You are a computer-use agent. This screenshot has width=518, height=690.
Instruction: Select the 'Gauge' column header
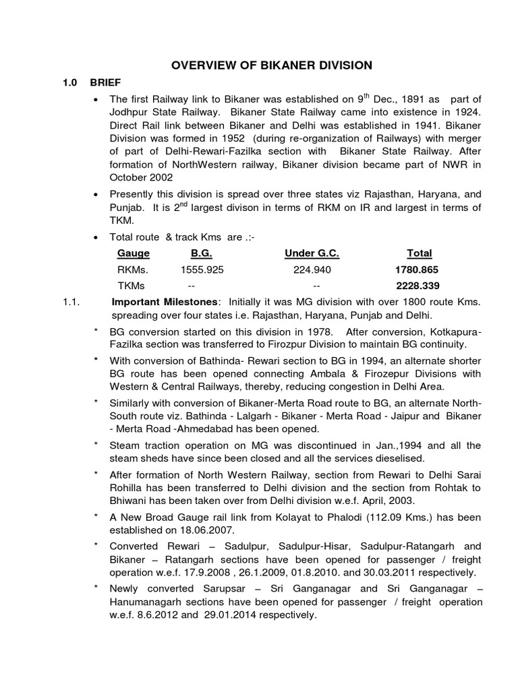pos(134,253)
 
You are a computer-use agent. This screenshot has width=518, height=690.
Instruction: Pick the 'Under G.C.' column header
pos(312,253)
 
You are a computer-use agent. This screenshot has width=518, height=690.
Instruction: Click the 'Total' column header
pos(419,253)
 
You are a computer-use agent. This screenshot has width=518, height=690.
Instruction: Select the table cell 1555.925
pos(202,270)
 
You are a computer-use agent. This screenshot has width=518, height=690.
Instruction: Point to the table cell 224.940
pos(312,270)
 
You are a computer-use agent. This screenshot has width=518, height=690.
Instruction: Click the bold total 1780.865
pos(416,270)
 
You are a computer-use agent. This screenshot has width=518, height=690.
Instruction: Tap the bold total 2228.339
pos(416,285)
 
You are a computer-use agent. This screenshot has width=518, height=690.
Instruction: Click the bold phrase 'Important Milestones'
pos(165,301)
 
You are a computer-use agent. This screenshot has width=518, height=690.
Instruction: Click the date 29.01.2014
pos(226,616)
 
